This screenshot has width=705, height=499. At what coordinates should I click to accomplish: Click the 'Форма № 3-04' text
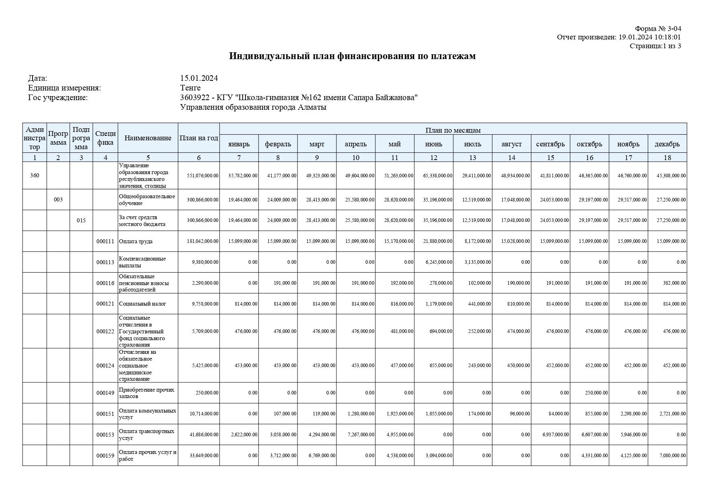coord(658,29)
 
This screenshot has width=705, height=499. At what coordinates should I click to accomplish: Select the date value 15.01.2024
coord(199,78)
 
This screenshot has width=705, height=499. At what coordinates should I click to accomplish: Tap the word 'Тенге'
coord(190,88)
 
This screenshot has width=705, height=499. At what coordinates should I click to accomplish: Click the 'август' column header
coord(511,144)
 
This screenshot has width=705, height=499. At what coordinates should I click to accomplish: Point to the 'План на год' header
coord(199,138)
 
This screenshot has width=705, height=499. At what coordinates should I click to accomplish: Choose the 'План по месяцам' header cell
coord(453,130)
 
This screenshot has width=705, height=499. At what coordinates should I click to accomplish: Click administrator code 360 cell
coord(35,175)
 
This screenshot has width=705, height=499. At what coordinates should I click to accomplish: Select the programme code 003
coord(58,199)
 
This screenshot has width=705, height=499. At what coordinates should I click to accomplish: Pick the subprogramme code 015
coord(81,220)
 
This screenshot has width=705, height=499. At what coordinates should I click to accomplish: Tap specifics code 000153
coord(105,435)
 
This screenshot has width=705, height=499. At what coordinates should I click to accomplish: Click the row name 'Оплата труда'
coord(135,241)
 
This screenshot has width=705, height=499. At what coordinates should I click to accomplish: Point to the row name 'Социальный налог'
coord(142,304)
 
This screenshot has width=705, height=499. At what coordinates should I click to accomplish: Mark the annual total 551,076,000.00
coord(203,176)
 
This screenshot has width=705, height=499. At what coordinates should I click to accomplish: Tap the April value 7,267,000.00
coord(361,435)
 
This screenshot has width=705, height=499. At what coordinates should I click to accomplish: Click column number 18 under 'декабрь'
coord(667,157)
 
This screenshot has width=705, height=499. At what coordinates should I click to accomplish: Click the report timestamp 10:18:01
coord(668,37)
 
